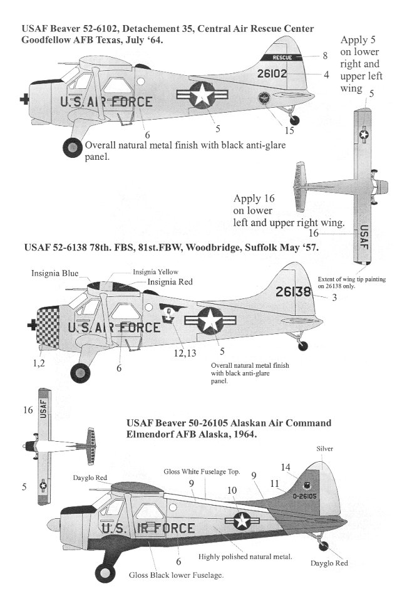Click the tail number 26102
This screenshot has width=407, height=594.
(x=272, y=73)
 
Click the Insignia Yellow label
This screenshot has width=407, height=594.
(x=155, y=271)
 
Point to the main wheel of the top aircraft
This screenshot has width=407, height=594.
(x=74, y=148)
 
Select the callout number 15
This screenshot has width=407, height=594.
(x=288, y=130)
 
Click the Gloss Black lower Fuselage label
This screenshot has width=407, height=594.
(x=174, y=575)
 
